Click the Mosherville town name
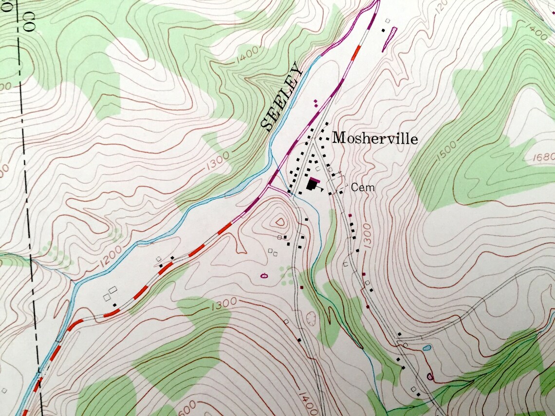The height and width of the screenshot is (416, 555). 375,139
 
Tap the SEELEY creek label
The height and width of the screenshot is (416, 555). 282,97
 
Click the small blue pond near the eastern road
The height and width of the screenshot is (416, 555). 427,348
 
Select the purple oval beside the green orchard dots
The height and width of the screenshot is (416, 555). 264,276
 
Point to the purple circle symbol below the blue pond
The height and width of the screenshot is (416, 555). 429,376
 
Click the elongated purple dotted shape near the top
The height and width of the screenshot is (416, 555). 389,39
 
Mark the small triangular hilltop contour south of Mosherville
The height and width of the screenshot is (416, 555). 280,222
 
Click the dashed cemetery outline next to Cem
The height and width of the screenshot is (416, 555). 336,182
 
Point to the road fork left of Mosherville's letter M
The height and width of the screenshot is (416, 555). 312,142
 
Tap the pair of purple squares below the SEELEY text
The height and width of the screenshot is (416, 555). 316,103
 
